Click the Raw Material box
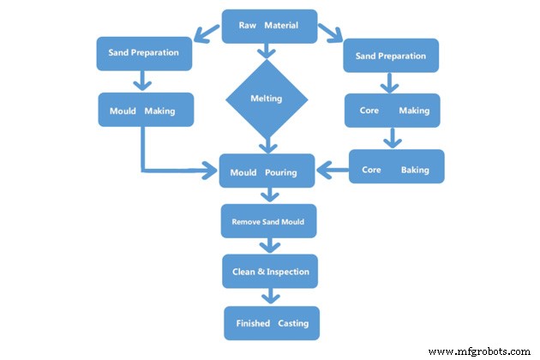(269, 26)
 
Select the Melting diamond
(266, 99)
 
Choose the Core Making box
(392, 111)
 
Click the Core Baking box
(396, 169)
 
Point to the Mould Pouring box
(263, 172)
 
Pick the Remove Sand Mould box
(268, 221)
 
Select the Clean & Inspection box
(270, 272)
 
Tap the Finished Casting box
(272, 323)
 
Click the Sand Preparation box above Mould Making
(143, 53)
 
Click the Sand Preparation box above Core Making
(391, 56)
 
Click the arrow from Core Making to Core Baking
(393, 138)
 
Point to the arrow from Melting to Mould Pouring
(268, 145)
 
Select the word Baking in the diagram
(415, 170)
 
